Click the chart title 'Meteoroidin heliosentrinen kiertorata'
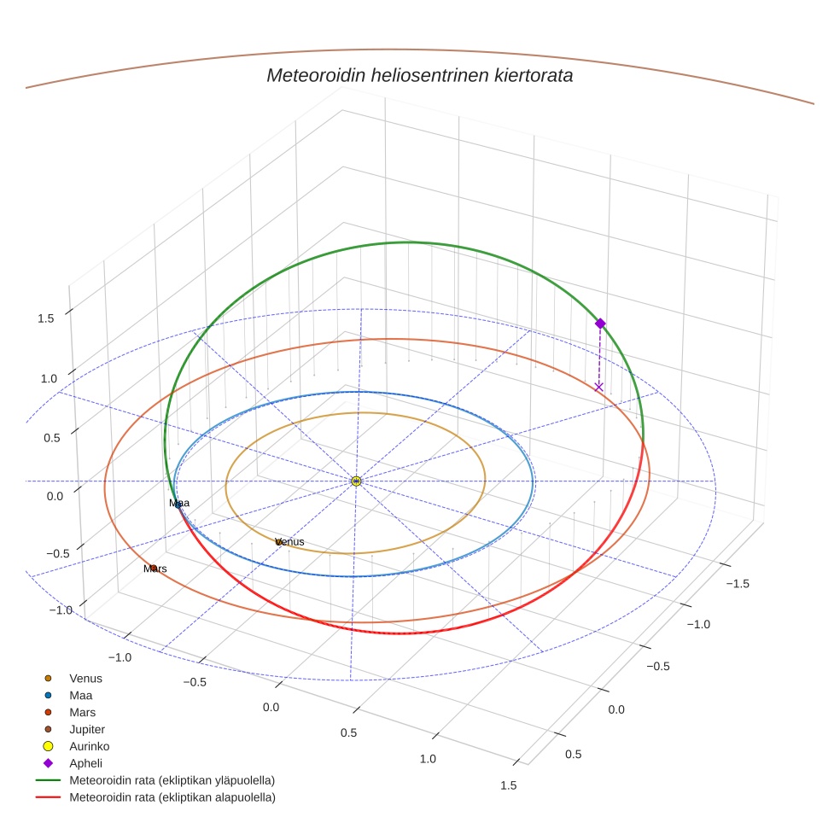[x=419, y=75]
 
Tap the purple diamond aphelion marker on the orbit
[x=600, y=324]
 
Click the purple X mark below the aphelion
[x=598, y=387]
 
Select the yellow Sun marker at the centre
[x=356, y=481]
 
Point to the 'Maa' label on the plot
[x=179, y=504]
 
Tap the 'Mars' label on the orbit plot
[x=155, y=569]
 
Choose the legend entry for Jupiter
[x=86, y=729]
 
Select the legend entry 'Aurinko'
[x=89, y=746]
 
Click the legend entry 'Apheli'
[x=85, y=763]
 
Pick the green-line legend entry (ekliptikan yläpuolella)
[x=172, y=780]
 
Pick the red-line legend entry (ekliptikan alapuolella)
[x=172, y=797]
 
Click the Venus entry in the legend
[x=85, y=679]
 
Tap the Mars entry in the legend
[x=82, y=712]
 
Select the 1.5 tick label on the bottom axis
[x=508, y=785]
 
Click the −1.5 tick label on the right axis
[x=737, y=583]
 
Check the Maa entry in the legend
[x=81, y=696]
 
